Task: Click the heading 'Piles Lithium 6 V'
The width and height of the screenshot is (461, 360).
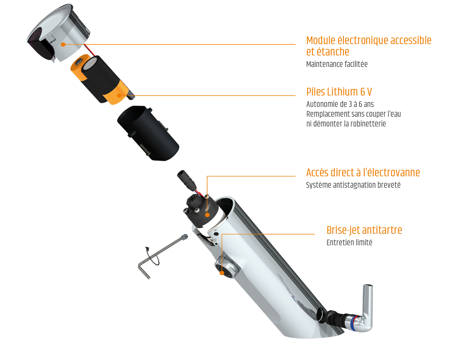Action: tap(339, 92)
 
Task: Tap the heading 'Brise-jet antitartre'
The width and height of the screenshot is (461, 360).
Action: tap(364, 230)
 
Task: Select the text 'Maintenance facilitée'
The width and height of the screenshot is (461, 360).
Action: tap(337, 64)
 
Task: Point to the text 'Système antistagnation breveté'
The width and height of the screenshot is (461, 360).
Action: tap(353, 185)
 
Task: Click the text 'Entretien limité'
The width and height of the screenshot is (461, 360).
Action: tap(349, 242)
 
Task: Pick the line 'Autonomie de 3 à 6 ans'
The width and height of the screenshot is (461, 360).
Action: tap(340, 104)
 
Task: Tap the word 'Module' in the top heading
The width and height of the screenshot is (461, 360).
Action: tap(321, 40)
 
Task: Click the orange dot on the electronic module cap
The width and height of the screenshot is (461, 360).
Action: tap(63, 44)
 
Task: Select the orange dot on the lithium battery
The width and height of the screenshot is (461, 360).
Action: tap(119, 95)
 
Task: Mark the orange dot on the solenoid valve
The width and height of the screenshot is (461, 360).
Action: tap(207, 215)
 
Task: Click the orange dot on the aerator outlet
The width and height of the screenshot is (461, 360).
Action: tap(222, 273)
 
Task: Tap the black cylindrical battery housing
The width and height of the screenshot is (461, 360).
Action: tap(148, 133)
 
